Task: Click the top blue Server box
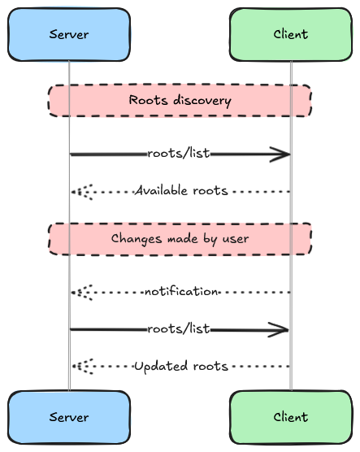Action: click(x=69, y=35)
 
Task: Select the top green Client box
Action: click(x=291, y=35)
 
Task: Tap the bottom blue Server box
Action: click(x=69, y=417)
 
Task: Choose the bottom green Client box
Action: click(x=291, y=417)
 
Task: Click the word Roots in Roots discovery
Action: click(x=148, y=100)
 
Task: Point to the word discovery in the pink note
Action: click(x=202, y=101)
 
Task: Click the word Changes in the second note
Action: click(x=137, y=239)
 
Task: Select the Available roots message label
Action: click(x=181, y=190)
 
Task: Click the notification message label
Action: click(x=181, y=291)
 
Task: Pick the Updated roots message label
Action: click(x=181, y=366)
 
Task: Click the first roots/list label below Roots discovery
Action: click(x=179, y=153)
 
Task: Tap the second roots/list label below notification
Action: click(x=179, y=328)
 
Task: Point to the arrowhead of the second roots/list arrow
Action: click(x=279, y=330)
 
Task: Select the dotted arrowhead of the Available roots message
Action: click(x=82, y=192)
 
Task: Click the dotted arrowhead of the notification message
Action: click(x=82, y=293)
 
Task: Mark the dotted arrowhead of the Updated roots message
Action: click(x=82, y=367)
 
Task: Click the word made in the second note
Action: click(x=183, y=239)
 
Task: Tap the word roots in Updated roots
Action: click(x=210, y=366)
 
